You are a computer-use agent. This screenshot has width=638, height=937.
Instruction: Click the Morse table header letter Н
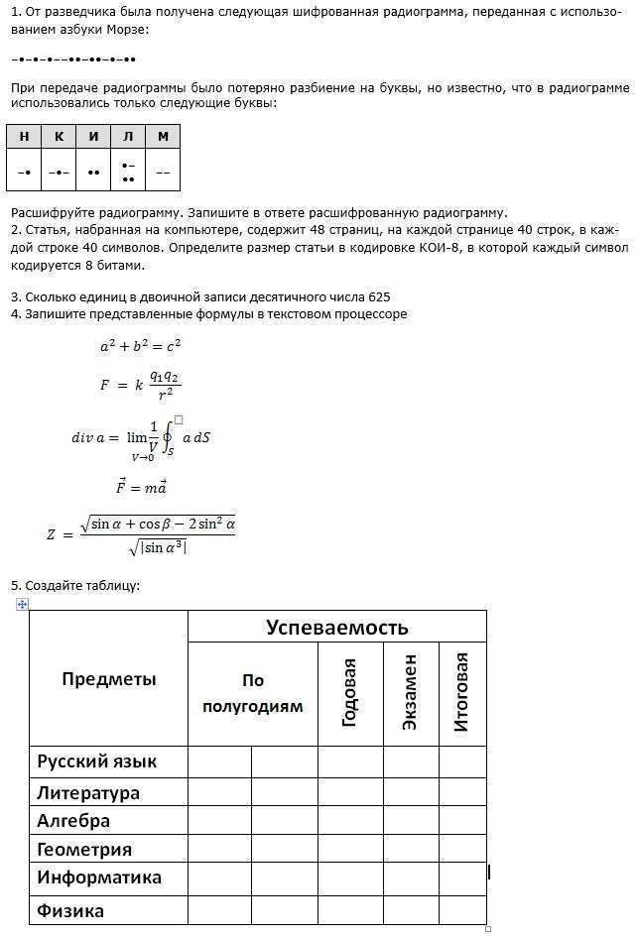(24, 136)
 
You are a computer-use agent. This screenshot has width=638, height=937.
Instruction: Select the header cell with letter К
(59, 136)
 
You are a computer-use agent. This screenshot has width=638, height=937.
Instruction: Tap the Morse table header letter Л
(128, 136)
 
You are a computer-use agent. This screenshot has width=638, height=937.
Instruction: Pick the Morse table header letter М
(163, 136)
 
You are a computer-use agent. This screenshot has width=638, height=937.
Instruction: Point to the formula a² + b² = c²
(140, 347)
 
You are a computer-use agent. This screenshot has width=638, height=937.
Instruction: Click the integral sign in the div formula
(168, 437)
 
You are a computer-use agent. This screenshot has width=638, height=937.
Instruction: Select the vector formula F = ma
(141, 487)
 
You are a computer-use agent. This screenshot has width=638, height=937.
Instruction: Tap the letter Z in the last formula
(52, 534)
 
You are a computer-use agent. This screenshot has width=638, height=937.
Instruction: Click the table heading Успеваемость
(336, 627)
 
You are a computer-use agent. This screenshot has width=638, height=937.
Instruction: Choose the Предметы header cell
(109, 679)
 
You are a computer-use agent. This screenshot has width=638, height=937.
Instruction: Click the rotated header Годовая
(349, 692)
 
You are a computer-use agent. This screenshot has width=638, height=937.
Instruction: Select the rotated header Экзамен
(410, 692)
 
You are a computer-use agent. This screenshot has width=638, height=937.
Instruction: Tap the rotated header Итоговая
(461, 692)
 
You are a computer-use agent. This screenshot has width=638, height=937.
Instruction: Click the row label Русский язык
(97, 761)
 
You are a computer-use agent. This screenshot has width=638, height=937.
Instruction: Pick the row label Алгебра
(73, 821)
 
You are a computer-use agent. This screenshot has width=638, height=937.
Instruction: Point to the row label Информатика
(99, 878)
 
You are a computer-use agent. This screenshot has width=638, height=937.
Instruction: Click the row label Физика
(70, 910)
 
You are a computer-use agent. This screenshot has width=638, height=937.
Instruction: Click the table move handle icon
(22, 604)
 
